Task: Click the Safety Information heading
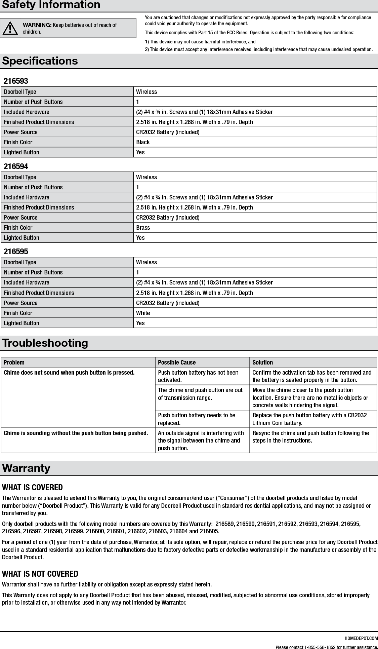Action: [x=51, y=5]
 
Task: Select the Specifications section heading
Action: [x=40, y=61]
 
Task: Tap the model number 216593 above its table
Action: [x=16, y=81]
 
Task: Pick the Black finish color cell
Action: [x=143, y=142]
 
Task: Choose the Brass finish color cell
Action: [x=143, y=228]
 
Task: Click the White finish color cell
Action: [x=143, y=313]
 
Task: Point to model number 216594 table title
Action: [x=16, y=166]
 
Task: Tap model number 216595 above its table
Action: [x=16, y=252]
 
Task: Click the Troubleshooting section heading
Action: [x=45, y=343]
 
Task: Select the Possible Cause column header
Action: [x=177, y=362]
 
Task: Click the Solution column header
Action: [x=262, y=362]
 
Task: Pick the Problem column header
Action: [x=14, y=362]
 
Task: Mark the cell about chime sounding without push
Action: [x=76, y=433]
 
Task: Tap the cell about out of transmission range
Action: [x=200, y=394]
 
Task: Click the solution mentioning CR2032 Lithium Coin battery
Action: [x=309, y=419]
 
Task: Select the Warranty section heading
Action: [x=26, y=468]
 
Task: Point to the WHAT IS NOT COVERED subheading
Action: [x=40, y=574]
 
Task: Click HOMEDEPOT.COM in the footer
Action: [x=361, y=638]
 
